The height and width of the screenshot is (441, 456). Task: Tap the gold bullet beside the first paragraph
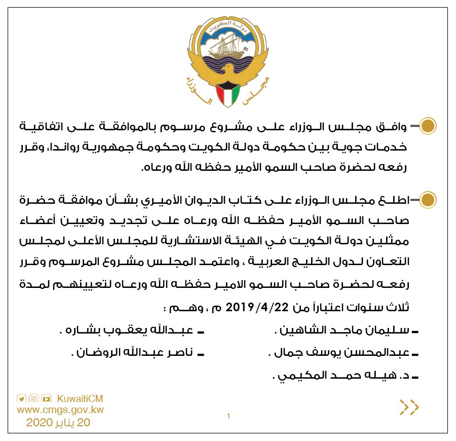[x=429, y=126]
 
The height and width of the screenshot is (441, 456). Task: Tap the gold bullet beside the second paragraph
[x=429, y=200]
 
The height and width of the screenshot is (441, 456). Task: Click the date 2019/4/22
[x=252, y=308]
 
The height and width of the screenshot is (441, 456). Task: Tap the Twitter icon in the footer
[x=21, y=398]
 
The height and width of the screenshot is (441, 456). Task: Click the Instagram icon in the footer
[x=33, y=398]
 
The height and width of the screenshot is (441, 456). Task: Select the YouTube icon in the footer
[x=46, y=398]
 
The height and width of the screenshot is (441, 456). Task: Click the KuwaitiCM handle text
[x=81, y=398]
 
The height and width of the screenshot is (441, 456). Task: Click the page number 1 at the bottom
[x=229, y=417]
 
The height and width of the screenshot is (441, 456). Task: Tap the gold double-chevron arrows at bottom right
[x=409, y=407]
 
